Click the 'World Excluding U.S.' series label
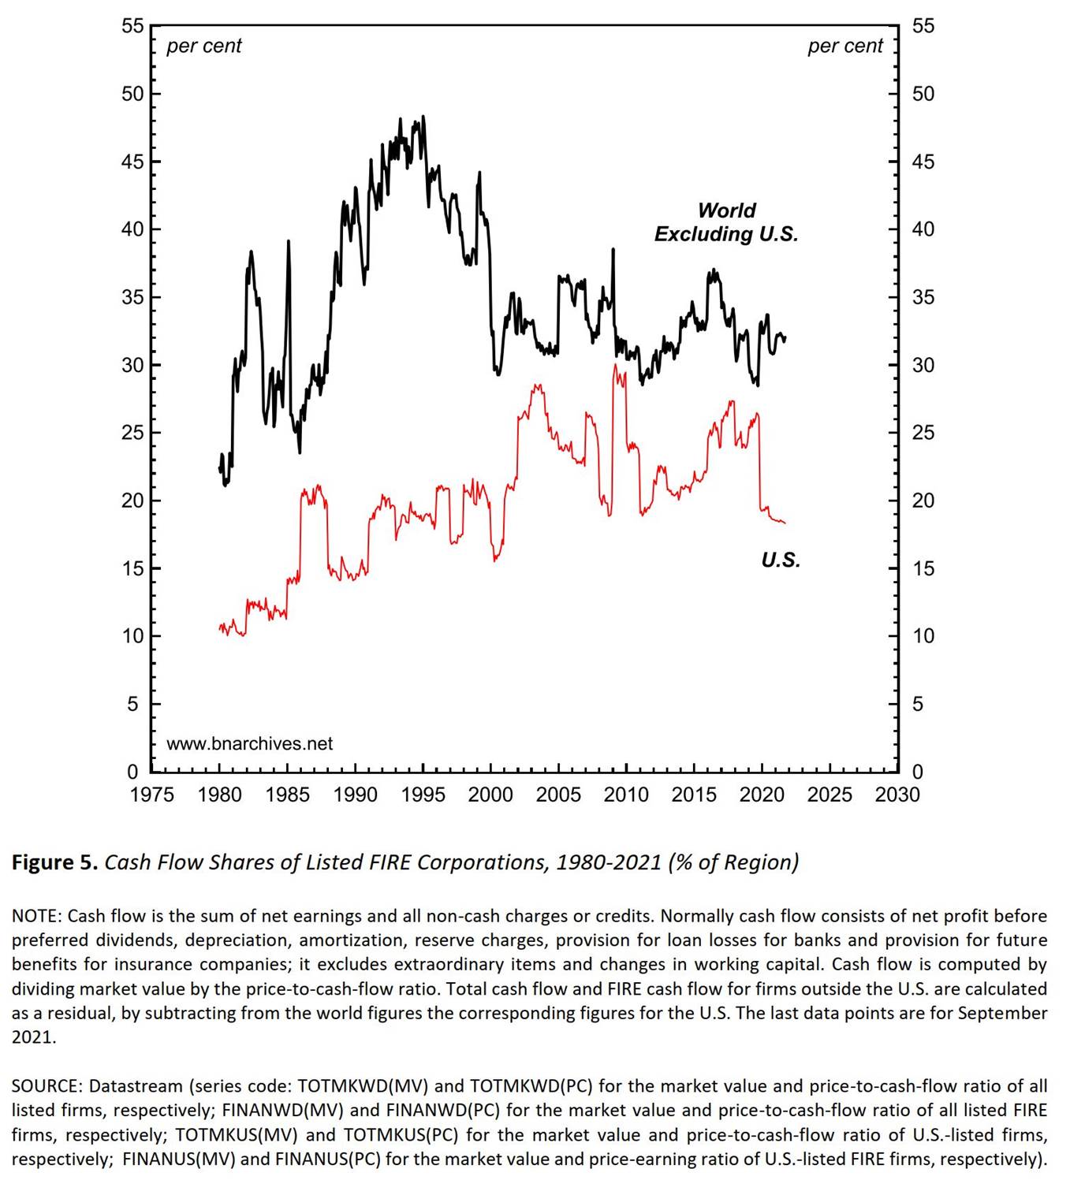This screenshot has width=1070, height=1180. [x=725, y=222]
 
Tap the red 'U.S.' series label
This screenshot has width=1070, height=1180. [x=780, y=560]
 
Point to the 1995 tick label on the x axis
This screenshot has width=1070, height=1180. [x=423, y=795]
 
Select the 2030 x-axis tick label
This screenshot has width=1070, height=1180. [x=897, y=795]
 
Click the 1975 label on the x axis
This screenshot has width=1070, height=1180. [x=152, y=795]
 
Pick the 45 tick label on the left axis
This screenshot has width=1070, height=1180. [x=132, y=162]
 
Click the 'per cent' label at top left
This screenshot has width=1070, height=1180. [x=203, y=47]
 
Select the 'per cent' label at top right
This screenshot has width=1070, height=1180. [x=844, y=47]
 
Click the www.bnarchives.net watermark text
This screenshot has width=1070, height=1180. [x=249, y=743]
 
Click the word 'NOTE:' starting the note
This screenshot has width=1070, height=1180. [x=37, y=916]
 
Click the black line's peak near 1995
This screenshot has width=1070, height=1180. [x=423, y=117]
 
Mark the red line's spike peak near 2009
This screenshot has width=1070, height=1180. [x=614, y=365]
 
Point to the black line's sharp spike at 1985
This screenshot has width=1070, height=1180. [x=289, y=241]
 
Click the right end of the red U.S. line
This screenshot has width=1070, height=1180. [x=785, y=523]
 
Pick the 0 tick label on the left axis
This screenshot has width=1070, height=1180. [x=132, y=771]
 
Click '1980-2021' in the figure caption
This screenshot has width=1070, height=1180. [x=608, y=862]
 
